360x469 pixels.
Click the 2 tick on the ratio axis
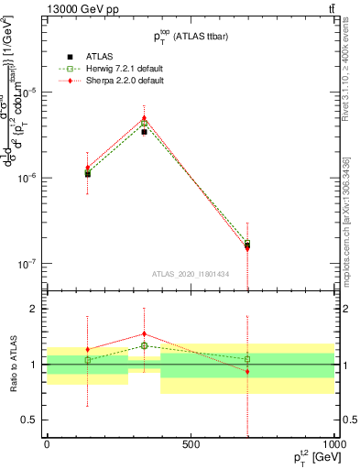click(33, 310)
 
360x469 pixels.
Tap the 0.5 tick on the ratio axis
click(29, 420)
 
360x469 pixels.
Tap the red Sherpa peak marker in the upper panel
click(144, 118)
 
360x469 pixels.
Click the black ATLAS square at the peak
click(144, 132)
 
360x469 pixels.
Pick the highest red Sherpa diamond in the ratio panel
click(144, 334)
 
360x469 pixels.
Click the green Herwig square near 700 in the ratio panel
click(247, 359)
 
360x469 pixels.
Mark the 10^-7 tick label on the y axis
click(27, 263)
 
